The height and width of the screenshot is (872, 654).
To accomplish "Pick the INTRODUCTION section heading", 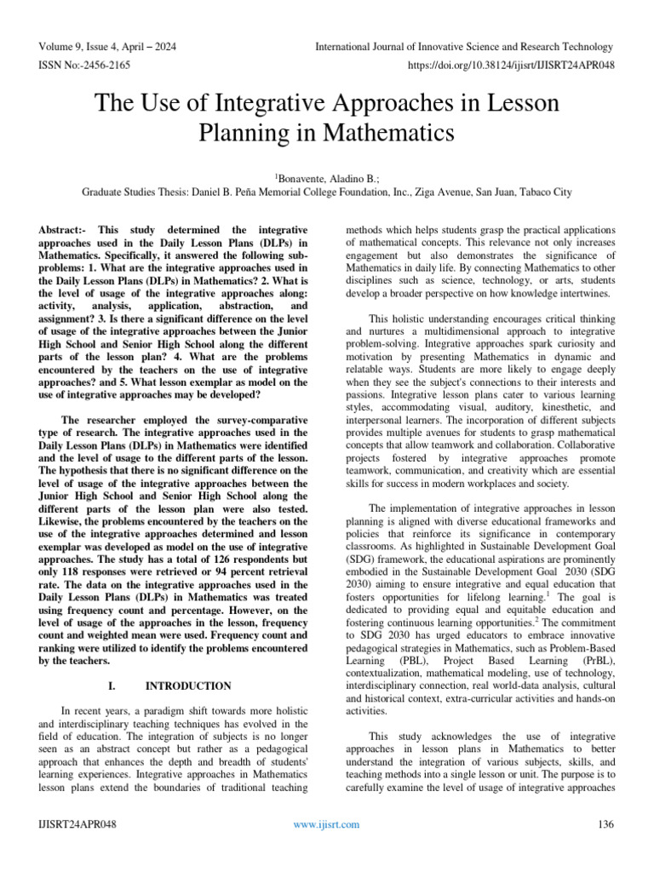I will [188, 686].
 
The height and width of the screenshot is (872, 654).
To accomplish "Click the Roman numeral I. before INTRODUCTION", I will [112, 686].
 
